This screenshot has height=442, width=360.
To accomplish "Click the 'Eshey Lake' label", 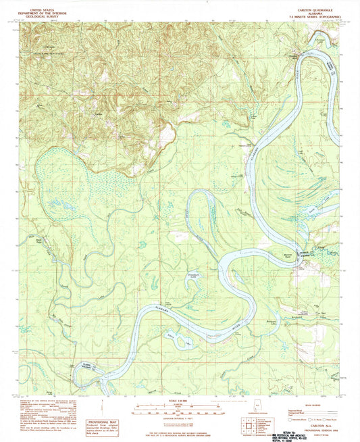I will (178, 336).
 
